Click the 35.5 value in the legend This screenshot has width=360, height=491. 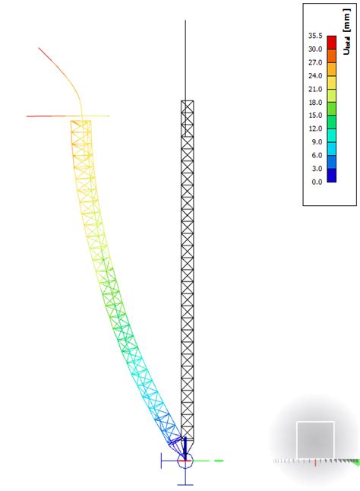[x=315, y=36]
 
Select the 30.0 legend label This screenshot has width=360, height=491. [x=315, y=49]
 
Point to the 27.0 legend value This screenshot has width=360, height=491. [x=315, y=62]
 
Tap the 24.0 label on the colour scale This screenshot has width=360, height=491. [x=315, y=75]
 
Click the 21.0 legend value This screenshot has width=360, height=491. [x=315, y=89]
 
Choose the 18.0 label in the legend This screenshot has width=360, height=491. [x=315, y=102]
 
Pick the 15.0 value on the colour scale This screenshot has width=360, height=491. [x=315, y=116]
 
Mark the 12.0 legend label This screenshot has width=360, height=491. [x=315, y=128]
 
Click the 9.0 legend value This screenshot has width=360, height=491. [x=317, y=142]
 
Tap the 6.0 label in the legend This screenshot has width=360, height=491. [x=317, y=155]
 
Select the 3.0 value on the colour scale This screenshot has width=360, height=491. [x=317, y=169]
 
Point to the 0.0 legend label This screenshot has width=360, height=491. [x=317, y=182]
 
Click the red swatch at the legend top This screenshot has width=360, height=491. [x=331, y=43]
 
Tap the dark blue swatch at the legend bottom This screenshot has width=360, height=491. [x=331, y=175]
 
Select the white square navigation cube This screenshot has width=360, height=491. [x=315, y=440]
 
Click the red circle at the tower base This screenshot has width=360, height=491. [x=185, y=460]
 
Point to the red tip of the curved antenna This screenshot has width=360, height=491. [x=41, y=50]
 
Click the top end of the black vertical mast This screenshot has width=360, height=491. [x=186, y=22]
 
